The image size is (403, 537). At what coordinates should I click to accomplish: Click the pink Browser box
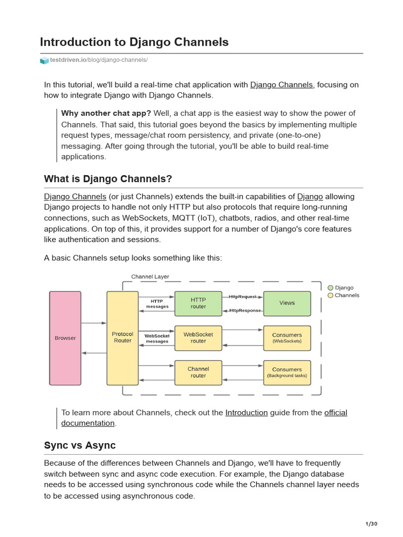[65, 338]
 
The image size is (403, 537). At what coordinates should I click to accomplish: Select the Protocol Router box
[122, 338]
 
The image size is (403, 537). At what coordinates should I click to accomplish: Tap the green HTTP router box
[198, 303]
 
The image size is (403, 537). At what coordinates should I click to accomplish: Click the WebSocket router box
[198, 338]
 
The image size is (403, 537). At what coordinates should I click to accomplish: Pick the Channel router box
[198, 372]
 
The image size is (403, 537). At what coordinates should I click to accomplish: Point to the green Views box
[287, 303]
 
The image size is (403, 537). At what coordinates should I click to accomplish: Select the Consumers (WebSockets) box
[287, 338]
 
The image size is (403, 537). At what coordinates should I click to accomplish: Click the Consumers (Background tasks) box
[287, 372]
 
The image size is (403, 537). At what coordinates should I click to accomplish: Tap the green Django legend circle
[331, 288]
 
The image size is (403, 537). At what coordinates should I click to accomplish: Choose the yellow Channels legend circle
[331, 295]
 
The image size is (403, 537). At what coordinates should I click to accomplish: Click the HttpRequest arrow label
[242, 297]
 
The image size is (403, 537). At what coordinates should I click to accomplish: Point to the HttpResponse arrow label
[245, 310]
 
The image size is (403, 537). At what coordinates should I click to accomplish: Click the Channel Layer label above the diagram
[150, 277]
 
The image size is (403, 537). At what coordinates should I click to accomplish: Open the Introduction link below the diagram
[246, 413]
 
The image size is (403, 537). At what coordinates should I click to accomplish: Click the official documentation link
[335, 413]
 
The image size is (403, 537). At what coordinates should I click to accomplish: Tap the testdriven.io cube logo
[44, 60]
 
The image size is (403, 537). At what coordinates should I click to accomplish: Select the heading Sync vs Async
[80, 445]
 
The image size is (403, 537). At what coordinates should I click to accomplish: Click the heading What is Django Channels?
[108, 179]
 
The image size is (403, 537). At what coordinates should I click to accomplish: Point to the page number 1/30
[371, 524]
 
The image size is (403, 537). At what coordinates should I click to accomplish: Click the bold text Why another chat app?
[106, 113]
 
